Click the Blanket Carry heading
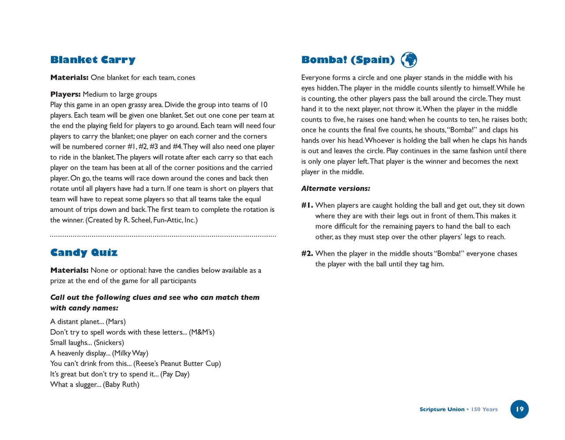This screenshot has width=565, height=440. click(93, 60)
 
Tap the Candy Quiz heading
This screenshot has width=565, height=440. click(84, 252)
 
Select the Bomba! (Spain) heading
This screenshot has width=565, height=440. click(348, 60)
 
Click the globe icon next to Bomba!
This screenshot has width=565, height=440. click(409, 60)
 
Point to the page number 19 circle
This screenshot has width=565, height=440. click(520, 409)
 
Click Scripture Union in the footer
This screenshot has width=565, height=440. click(441, 410)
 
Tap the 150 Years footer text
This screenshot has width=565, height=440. click(484, 410)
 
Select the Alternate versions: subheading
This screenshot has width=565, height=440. click(335, 189)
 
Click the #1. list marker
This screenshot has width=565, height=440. click(307, 205)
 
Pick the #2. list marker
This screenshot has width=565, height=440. click(307, 254)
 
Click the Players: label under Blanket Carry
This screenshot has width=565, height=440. click(65, 94)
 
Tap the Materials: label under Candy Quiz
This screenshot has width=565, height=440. click(69, 270)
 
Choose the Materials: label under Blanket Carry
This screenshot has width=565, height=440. click(69, 78)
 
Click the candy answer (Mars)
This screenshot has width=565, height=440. click(116, 322)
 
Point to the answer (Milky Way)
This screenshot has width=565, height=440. click(130, 353)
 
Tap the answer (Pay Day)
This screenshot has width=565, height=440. click(175, 374)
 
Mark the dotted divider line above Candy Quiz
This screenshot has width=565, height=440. click(163, 236)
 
